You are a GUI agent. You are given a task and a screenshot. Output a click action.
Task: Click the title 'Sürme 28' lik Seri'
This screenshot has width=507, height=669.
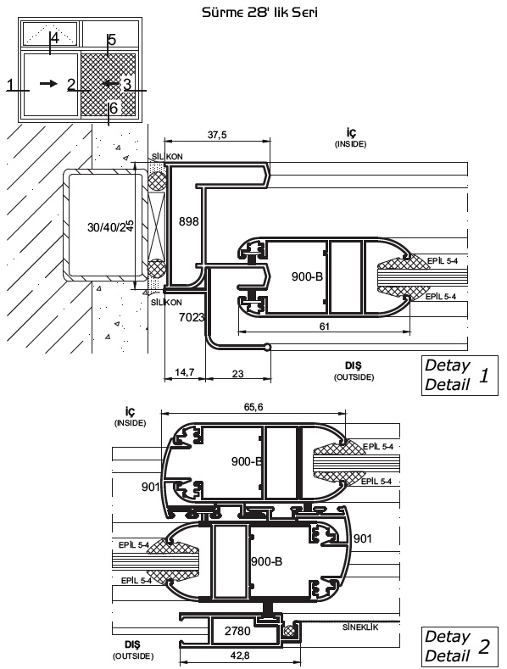tap(259, 13)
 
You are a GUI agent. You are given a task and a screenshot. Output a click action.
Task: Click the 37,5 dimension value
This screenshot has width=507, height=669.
tap(217, 135)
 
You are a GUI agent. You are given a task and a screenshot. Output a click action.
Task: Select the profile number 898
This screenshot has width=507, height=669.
tap(188, 221)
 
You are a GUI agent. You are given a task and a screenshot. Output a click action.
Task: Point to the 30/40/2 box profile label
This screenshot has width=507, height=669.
tap(107, 227)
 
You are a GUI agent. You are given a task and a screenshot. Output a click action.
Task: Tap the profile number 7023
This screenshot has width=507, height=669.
tap(192, 317)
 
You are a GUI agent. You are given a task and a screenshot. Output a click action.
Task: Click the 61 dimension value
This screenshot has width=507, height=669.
tap(325, 326)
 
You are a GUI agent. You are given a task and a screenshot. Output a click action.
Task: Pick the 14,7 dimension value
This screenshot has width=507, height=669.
tap(184, 372)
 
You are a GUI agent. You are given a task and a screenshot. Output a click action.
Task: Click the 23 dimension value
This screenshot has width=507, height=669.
tap(237, 374)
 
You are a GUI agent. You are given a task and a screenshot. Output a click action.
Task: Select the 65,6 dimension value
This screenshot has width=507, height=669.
tap(253, 407)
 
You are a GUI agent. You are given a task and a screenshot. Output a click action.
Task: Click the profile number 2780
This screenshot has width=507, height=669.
tap(237, 631)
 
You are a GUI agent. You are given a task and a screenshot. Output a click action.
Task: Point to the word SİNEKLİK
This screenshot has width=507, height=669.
tap(360, 627)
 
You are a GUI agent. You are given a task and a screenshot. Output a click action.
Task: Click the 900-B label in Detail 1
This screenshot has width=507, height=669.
tap(307, 276)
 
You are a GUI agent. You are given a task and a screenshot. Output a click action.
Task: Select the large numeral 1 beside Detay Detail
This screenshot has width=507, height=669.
tap(483, 376)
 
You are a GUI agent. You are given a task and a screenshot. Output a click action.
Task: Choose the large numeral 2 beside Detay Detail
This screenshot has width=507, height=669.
tap(484, 647)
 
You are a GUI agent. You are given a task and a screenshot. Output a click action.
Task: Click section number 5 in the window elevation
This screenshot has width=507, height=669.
tap(112, 40)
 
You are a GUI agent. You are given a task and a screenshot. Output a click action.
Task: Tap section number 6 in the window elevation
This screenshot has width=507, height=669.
tap(113, 109)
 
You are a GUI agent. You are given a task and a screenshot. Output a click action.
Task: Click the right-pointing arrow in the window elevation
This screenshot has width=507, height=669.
tap(48, 84)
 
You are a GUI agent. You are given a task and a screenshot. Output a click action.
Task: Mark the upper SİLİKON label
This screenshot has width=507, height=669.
tap(167, 157)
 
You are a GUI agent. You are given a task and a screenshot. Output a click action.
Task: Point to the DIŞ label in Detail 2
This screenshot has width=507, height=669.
tap(133, 644)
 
